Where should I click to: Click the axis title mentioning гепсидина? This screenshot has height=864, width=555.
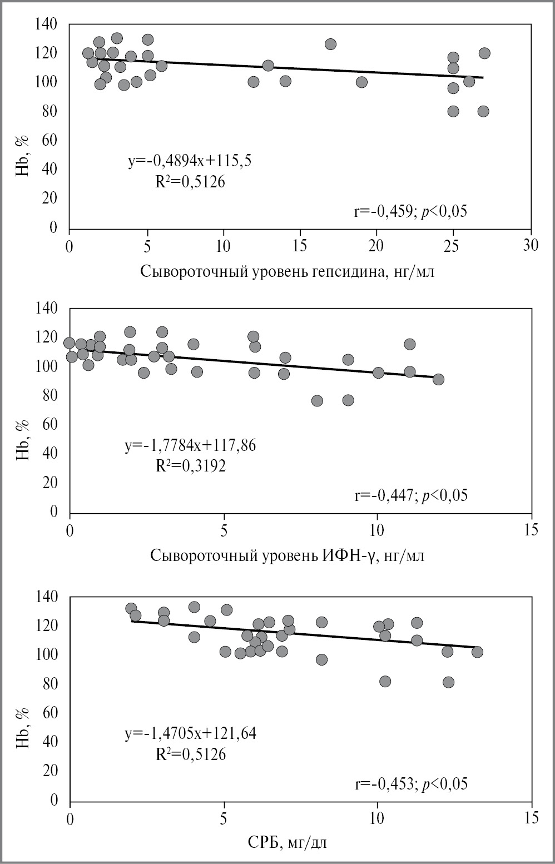288,272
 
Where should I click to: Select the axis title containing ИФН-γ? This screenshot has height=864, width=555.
288,555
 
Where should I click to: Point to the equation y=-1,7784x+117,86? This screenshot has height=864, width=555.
190,445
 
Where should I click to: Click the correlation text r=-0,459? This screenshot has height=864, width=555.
410,211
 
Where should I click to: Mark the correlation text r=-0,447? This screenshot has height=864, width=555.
411,495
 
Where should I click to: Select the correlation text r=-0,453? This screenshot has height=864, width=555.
411,783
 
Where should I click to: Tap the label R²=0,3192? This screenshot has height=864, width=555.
191,466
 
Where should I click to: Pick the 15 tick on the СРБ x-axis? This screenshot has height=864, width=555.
531,819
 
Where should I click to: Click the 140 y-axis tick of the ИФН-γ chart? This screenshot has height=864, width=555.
47,307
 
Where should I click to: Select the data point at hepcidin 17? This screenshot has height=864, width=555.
330,44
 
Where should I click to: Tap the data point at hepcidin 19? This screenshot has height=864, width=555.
361,82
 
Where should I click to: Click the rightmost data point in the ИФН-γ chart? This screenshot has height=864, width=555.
438,379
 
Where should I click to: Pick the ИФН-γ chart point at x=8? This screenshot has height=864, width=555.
317,401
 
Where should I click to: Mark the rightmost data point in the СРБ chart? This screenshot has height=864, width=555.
477,652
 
